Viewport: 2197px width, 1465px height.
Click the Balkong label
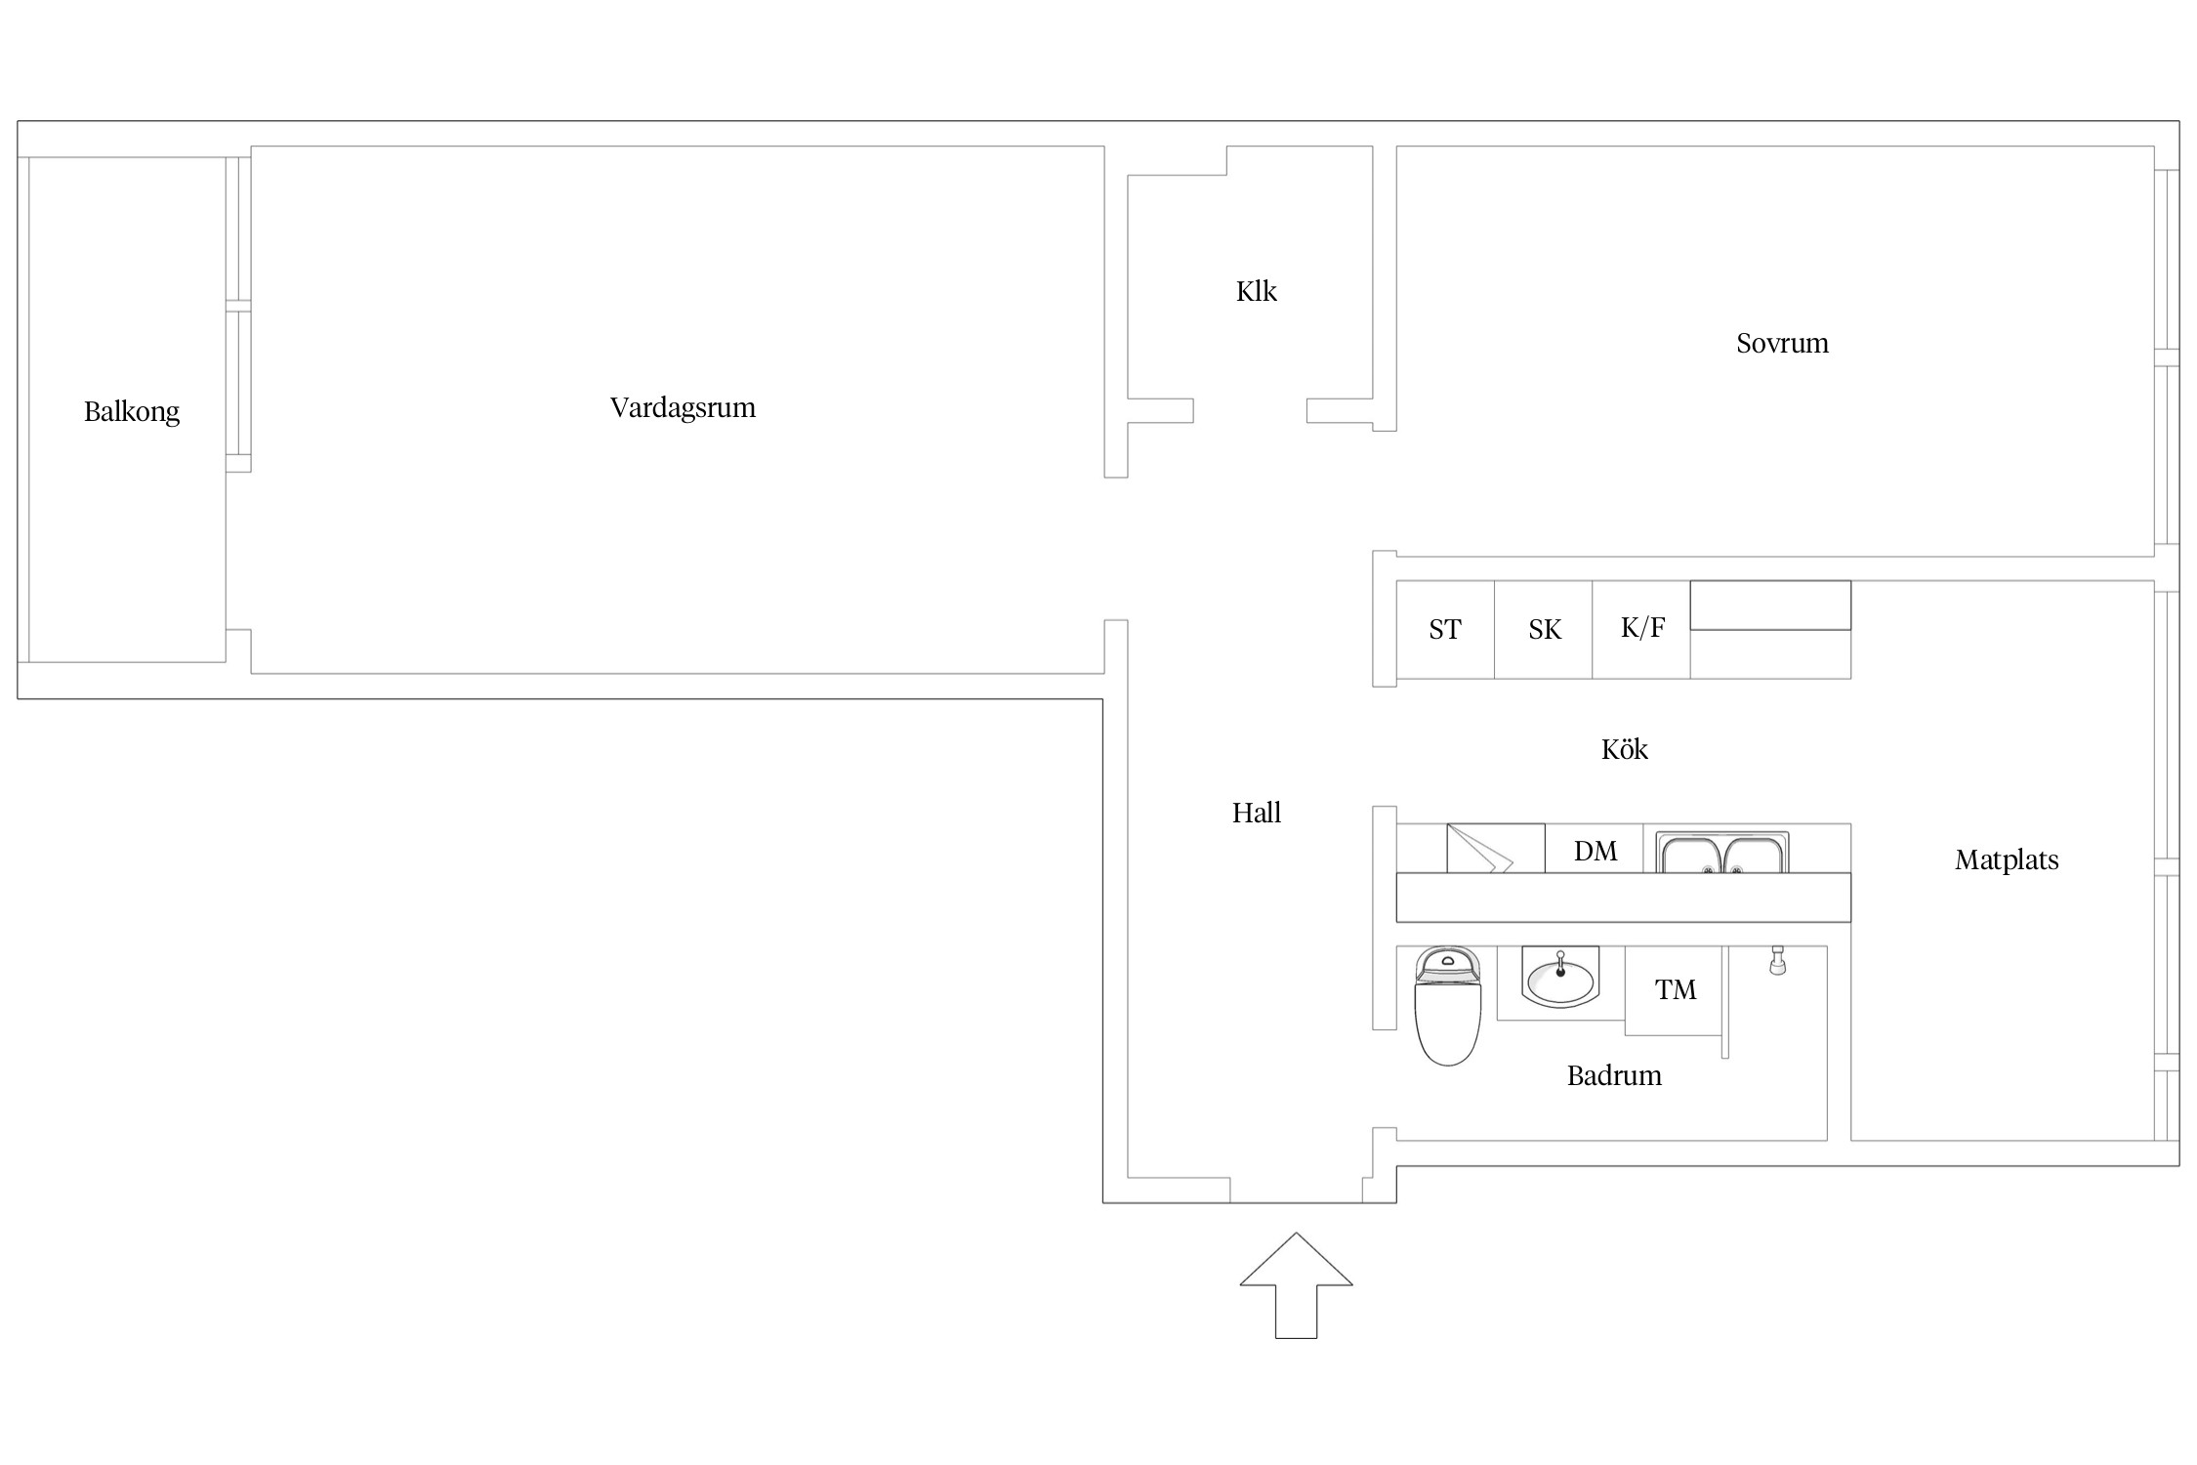coord(132,411)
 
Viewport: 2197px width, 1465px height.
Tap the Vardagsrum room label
coord(683,407)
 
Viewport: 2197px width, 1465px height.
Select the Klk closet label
coord(1256,291)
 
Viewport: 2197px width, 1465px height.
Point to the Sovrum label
coord(1782,343)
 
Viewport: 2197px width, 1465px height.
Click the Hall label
coord(1256,813)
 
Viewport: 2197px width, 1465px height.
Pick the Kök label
coord(1624,749)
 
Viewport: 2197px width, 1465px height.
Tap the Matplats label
coord(2007,859)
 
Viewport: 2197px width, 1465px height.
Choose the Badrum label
coord(1614,1075)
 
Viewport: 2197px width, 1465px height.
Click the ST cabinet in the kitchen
coord(1445,630)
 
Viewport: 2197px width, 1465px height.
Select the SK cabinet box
coord(1544,630)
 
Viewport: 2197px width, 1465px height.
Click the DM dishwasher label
coord(1595,851)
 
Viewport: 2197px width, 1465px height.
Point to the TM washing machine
coord(1675,990)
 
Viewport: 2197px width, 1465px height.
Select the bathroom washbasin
coord(1559,981)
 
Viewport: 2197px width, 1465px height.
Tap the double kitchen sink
coord(1722,853)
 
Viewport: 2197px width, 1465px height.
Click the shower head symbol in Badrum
coord(1777,961)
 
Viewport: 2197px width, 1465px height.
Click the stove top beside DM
coord(1495,849)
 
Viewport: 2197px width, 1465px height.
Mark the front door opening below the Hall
coord(1296,1192)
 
